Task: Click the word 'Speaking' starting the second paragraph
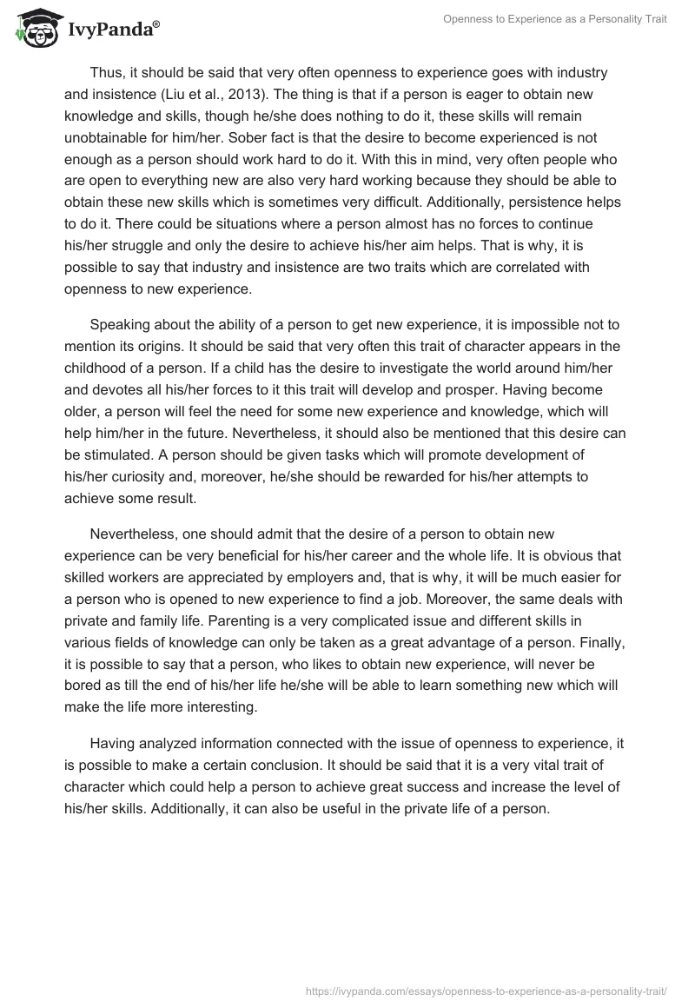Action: pos(119,326)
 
